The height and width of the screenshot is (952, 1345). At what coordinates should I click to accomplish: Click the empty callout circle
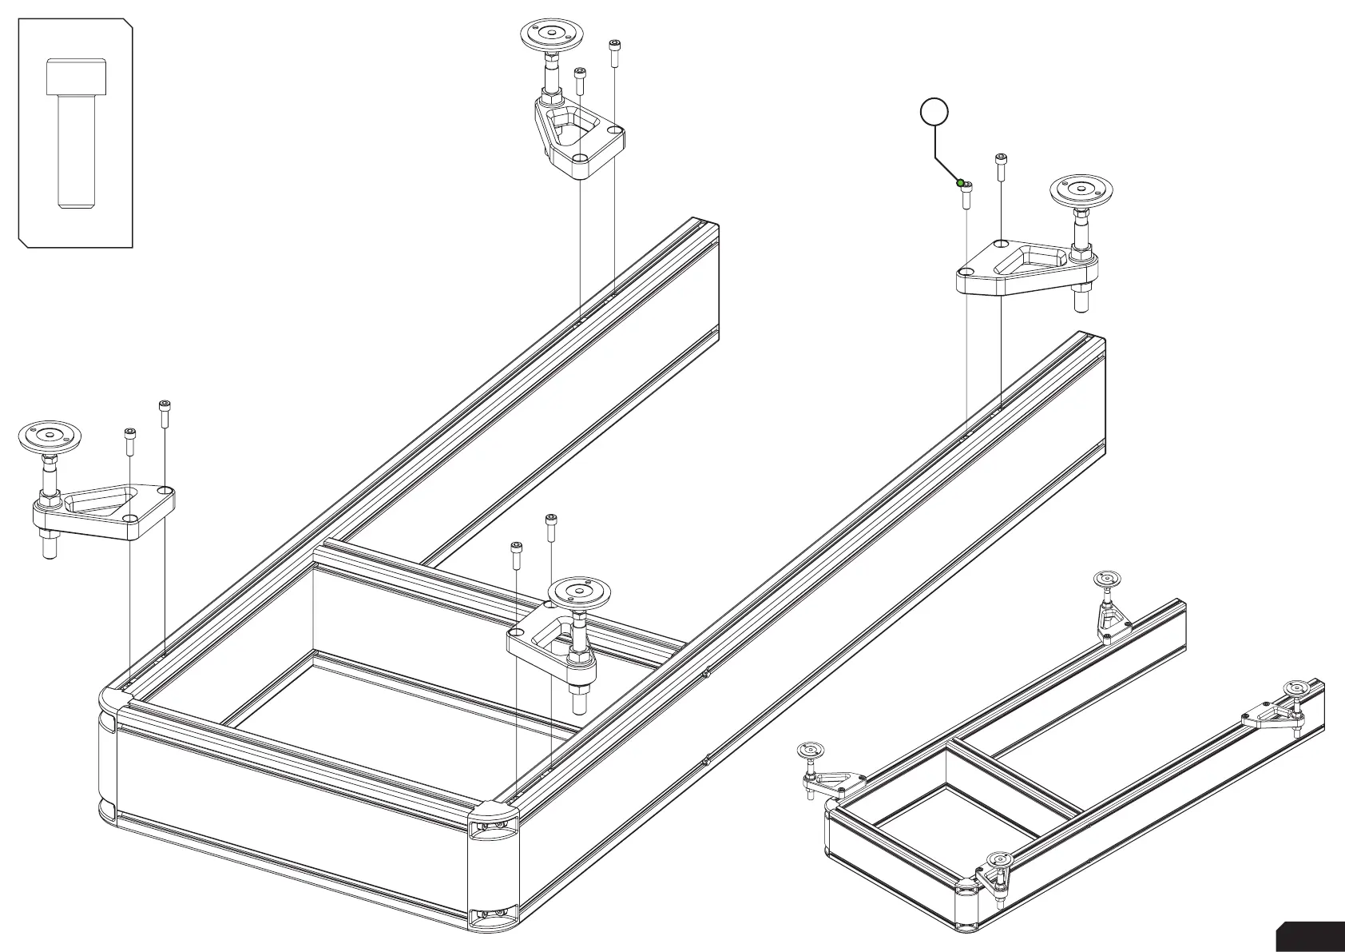coord(935,113)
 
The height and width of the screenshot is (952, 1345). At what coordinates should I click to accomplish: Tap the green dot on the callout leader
coord(960,183)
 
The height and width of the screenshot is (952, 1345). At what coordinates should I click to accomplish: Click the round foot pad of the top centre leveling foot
coord(551,34)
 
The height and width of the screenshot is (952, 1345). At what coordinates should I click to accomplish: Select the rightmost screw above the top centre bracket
coord(614,54)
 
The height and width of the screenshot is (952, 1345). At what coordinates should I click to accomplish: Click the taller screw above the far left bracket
coord(165,413)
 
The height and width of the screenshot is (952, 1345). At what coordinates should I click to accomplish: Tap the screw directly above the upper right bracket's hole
coord(1001,169)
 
